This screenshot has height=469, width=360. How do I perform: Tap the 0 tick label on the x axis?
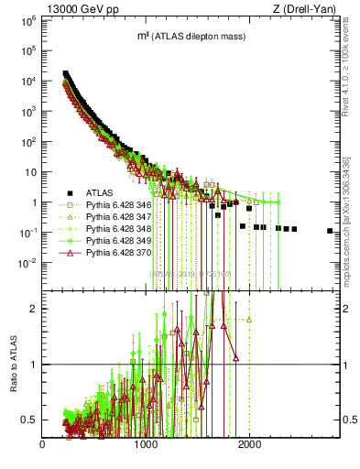click(x=43, y=446)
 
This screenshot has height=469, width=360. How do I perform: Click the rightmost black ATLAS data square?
click(x=330, y=231)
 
